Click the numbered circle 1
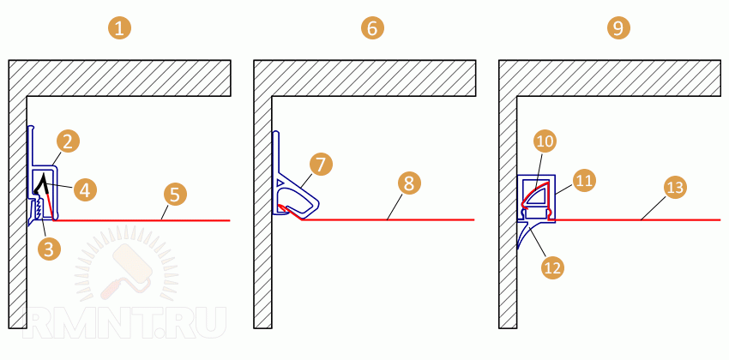(120, 28)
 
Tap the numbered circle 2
(68, 142)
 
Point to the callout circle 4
(85, 189)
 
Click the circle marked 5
(174, 195)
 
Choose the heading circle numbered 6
(372, 28)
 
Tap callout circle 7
(322, 165)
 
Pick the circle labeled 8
(408, 183)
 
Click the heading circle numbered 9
(618, 28)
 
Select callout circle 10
(545, 142)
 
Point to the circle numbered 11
(584, 181)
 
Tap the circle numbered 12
(553, 267)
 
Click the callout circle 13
(675, 187)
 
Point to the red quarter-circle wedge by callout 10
(535, 195)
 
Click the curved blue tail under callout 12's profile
(524, 236)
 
